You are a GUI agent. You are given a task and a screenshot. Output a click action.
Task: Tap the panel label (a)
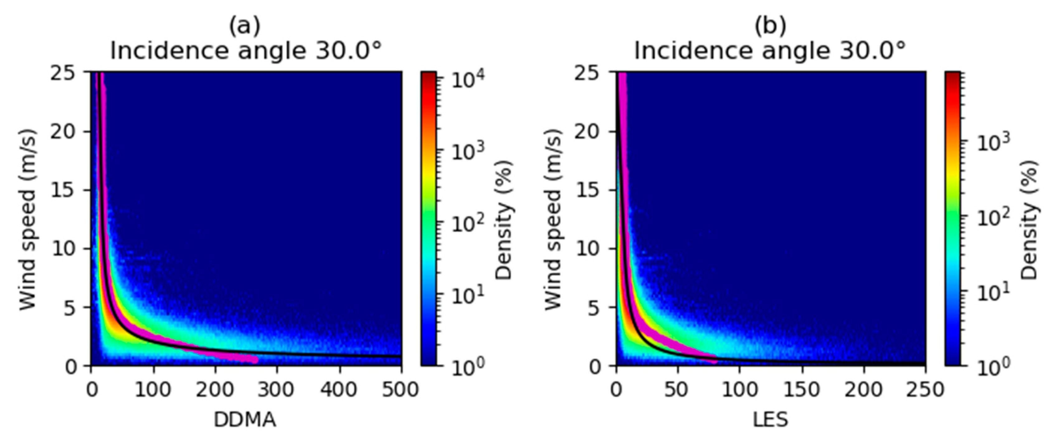point(244,26)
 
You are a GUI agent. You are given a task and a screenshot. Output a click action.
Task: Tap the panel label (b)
point(770,26)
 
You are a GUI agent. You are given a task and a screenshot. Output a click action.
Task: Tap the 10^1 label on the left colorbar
point(467,295)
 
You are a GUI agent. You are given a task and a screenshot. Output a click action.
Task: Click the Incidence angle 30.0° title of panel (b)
point(770,51)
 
